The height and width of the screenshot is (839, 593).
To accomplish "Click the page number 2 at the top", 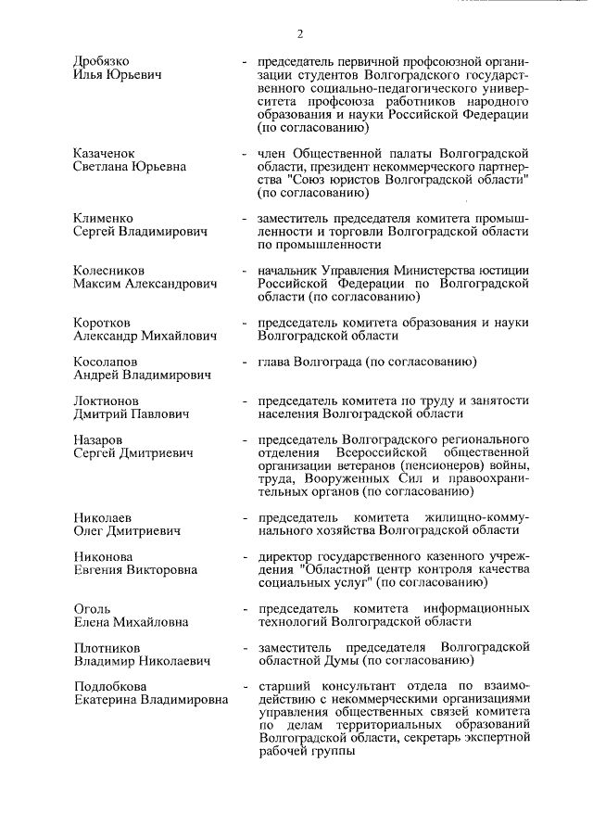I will click(301, 34).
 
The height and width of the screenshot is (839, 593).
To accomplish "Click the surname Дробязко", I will click(103, 61).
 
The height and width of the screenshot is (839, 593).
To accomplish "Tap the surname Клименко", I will click(104, 217).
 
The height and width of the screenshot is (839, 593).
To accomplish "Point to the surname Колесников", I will click(109, 270).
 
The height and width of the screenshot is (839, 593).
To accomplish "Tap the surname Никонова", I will click(104, 556).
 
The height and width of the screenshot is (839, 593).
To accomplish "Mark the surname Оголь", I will click(93, 608).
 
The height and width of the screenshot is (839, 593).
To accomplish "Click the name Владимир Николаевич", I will click(142, 661).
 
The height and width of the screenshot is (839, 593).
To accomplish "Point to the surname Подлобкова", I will click(111, 686).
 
